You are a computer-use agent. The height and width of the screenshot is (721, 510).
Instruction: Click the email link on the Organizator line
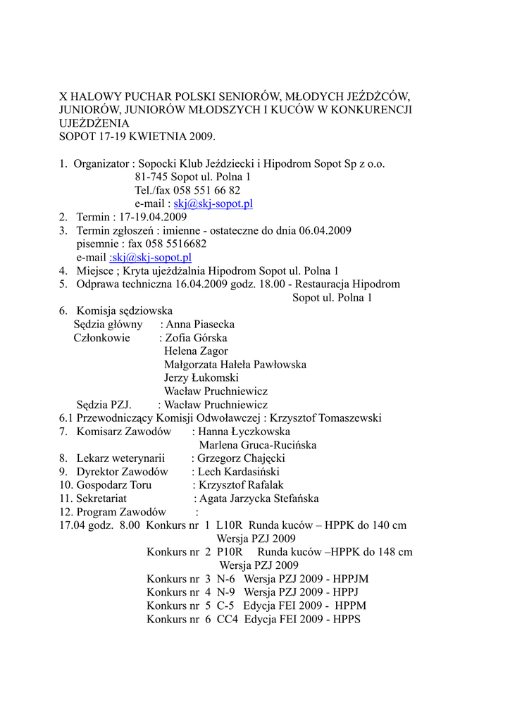point(213,203)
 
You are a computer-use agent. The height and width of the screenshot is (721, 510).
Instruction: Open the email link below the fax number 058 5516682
point(151,257)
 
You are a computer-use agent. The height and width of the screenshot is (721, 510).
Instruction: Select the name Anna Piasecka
point(200,325)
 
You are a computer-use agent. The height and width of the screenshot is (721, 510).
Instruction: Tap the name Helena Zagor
point(196,351)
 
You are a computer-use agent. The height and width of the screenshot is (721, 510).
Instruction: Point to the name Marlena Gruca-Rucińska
point(257,445)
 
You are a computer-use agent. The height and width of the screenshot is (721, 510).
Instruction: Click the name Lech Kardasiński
point(238,472)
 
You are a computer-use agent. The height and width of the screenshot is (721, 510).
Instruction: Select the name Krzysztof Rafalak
point(240,485)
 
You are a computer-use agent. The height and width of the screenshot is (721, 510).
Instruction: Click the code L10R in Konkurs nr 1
point(229,525)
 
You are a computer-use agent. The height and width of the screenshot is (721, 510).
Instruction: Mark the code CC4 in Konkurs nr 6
point(227,619)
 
